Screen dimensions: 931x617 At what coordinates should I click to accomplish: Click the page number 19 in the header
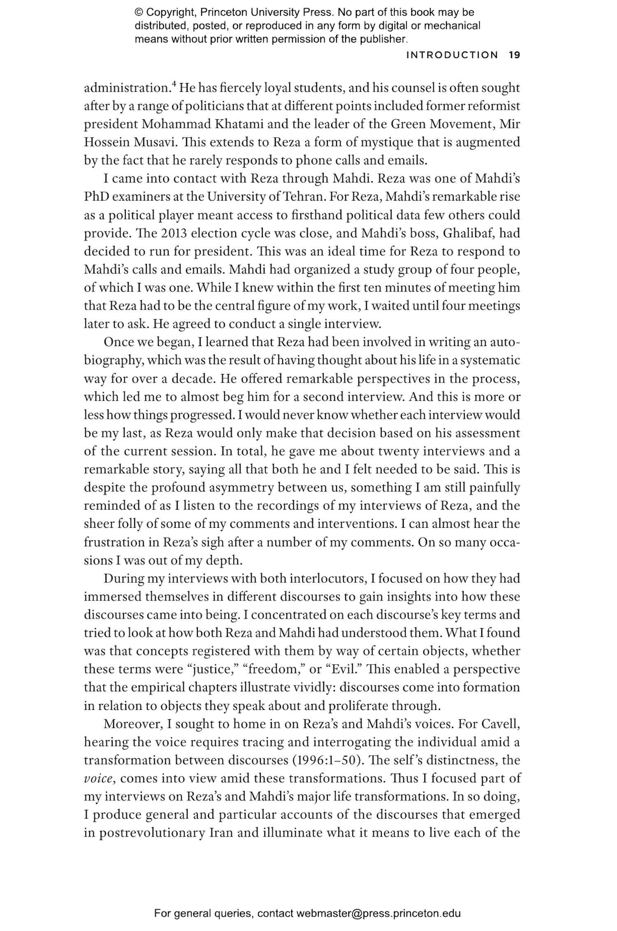tap(514, 55)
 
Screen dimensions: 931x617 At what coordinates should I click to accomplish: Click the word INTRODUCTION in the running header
tap(452, 55)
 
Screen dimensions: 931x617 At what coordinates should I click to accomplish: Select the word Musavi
tap(154, 142)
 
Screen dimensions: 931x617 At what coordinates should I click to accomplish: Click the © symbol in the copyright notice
tap(138, 12)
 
